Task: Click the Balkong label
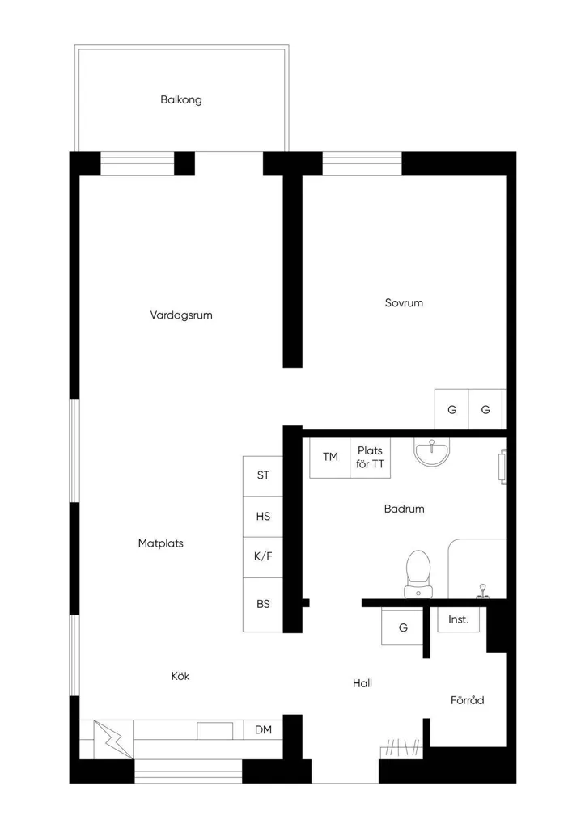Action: pyautogui.click(x=181, y=99)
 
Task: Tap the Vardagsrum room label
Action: pyautogui.click(x=181, y=315)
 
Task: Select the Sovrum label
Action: pyautogui.click(x=404, y=303)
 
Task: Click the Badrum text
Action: pyautogui.click(x=405, y=509)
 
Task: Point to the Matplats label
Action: pyautogui.click(x=161, y=543)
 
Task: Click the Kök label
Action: pyautogui.click(x=180, y=676)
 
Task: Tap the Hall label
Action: pyautogui.click(x=362, y=683)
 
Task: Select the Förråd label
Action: pyautogui.click(x=467, y=700)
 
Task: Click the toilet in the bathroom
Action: pyautogui.click(x=418, y=575)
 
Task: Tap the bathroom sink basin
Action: pyautogui.click(x=432, y=453)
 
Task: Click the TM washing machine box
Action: pyautogui.click(x=330, y=458)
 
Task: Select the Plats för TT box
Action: pyautogui.click(x=370, y=458)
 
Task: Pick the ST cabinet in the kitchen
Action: pyautogui.click(x=263, y=475)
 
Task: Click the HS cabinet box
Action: pyautogui.click(x=263, y=517)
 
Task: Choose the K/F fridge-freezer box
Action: pyautogui.click(x=263, y=557)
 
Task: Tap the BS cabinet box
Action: pyautogui.click(x=263, y=605)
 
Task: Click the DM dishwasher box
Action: pyautogui.click(x=263, y=730)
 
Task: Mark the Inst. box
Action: pyautogui.click(x=459, y=619)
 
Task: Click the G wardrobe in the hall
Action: pyautogui.click(x=403, y=627)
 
